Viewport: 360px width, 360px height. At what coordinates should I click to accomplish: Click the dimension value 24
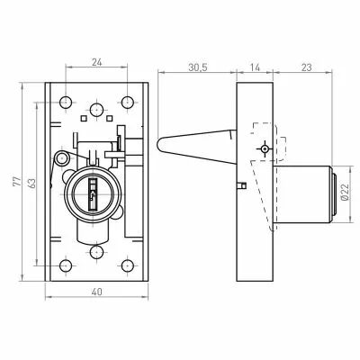(97, 62)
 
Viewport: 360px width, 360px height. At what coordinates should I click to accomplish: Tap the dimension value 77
(17, 182)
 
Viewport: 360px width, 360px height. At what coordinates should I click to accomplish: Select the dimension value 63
(31, 184)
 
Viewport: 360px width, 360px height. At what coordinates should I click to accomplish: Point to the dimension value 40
(97, 292)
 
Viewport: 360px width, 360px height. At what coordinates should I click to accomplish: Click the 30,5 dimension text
(198, 67)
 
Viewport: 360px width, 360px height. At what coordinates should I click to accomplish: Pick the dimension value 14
(255, 67)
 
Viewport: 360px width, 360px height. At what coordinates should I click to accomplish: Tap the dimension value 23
(306, 67)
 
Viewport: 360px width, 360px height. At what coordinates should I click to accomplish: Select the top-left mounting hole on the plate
(66, 103)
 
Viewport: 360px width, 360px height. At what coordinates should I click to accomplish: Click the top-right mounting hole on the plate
(128, 103)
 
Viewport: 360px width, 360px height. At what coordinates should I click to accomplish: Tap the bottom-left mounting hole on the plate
(66, 265)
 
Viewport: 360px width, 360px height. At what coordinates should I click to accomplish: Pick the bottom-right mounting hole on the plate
(128, 265)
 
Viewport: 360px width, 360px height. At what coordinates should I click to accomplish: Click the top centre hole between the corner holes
(96, 110)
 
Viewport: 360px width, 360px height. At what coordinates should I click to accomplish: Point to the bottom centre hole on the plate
(96, 252)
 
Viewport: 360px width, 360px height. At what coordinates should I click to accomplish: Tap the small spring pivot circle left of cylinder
(61, 157)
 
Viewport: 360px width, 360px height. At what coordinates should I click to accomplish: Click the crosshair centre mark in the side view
(265, 149)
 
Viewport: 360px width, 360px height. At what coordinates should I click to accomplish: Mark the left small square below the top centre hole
(84, 118)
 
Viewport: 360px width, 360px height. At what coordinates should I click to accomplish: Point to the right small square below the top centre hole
(110, 118)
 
